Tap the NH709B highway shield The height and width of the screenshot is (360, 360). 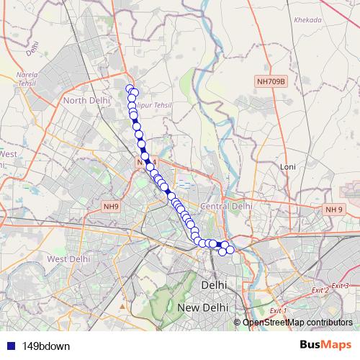(x=271, y=82)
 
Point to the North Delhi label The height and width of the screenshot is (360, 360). (x=86, y=100)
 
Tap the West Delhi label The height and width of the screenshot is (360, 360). (x=68, y=258)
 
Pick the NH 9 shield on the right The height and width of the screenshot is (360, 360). (x=333, y=210)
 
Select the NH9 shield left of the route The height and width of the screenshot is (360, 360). (x=109, y=207)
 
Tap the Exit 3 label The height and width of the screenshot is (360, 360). (x=341, y=286)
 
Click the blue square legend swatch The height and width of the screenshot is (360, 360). (x=9, y=346)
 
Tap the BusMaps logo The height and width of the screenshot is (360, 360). (x=325, y=345)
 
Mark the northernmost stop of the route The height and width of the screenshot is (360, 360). (x=130, y=89)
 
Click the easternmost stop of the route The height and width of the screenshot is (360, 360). (x=231, y=250)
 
